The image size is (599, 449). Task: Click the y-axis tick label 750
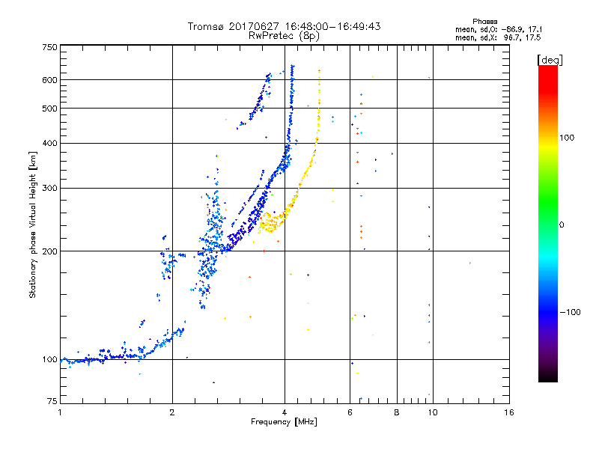pos(49,46)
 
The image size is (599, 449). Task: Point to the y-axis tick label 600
pos(49,79)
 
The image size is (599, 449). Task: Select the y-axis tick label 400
pos(49,143)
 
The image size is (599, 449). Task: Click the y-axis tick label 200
pos(49,251)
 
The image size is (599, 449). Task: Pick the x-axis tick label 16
pos(508,412)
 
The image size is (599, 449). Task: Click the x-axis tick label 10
pos(431,412)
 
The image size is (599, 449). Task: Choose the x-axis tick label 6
pos(350,412)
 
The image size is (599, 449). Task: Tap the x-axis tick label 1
pos(61,412)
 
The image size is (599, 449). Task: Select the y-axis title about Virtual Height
pos(33,224)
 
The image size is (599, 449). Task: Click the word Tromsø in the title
pos(205,26)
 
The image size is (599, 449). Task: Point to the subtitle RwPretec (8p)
pos(284,35)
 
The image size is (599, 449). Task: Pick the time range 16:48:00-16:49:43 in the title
pos(329,26)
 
